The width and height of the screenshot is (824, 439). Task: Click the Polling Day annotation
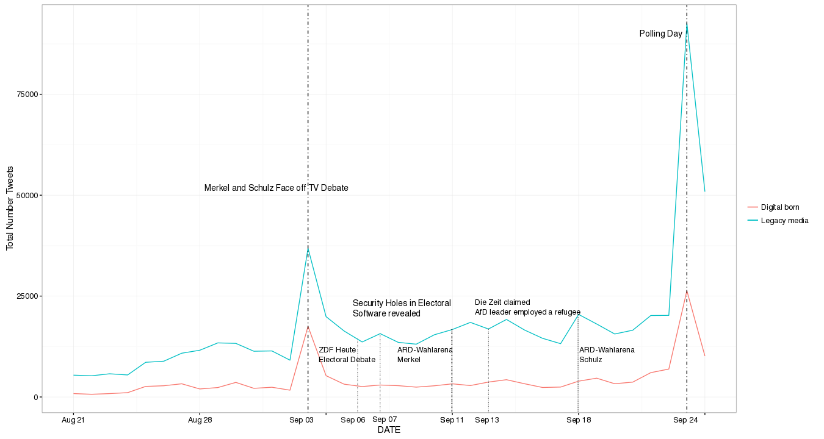point(660,34)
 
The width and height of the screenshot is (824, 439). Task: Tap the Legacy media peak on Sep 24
point(687,23)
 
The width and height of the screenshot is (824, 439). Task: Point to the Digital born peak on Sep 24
point(687,291)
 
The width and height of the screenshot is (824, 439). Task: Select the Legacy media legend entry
point(784,220)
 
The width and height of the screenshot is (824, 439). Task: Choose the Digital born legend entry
point(779,207)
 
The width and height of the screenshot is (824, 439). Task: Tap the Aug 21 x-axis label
point(73,420)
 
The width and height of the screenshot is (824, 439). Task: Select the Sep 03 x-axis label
point(301,420)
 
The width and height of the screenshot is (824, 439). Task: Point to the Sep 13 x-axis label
point(486,420)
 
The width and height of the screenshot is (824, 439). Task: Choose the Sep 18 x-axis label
point(578,420)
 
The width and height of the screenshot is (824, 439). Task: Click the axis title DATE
point(389,430)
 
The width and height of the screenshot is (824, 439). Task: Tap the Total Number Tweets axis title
point(10,209)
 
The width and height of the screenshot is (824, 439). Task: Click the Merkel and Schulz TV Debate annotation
point(276,188)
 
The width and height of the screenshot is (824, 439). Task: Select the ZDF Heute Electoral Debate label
point(347,355)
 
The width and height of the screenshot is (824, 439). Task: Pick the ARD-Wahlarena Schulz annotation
point(607,355)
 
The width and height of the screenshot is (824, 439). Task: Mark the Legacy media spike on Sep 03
point(308,247)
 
